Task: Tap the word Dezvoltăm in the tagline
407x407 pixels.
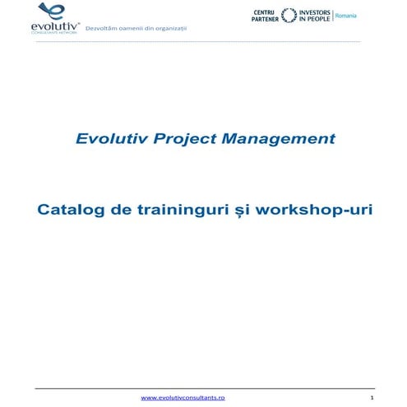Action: (113, 28)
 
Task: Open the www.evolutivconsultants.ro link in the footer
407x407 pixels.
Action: (183, 397)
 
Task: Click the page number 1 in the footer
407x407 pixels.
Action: (372, 397)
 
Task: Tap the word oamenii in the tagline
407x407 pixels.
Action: (139, 28)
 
